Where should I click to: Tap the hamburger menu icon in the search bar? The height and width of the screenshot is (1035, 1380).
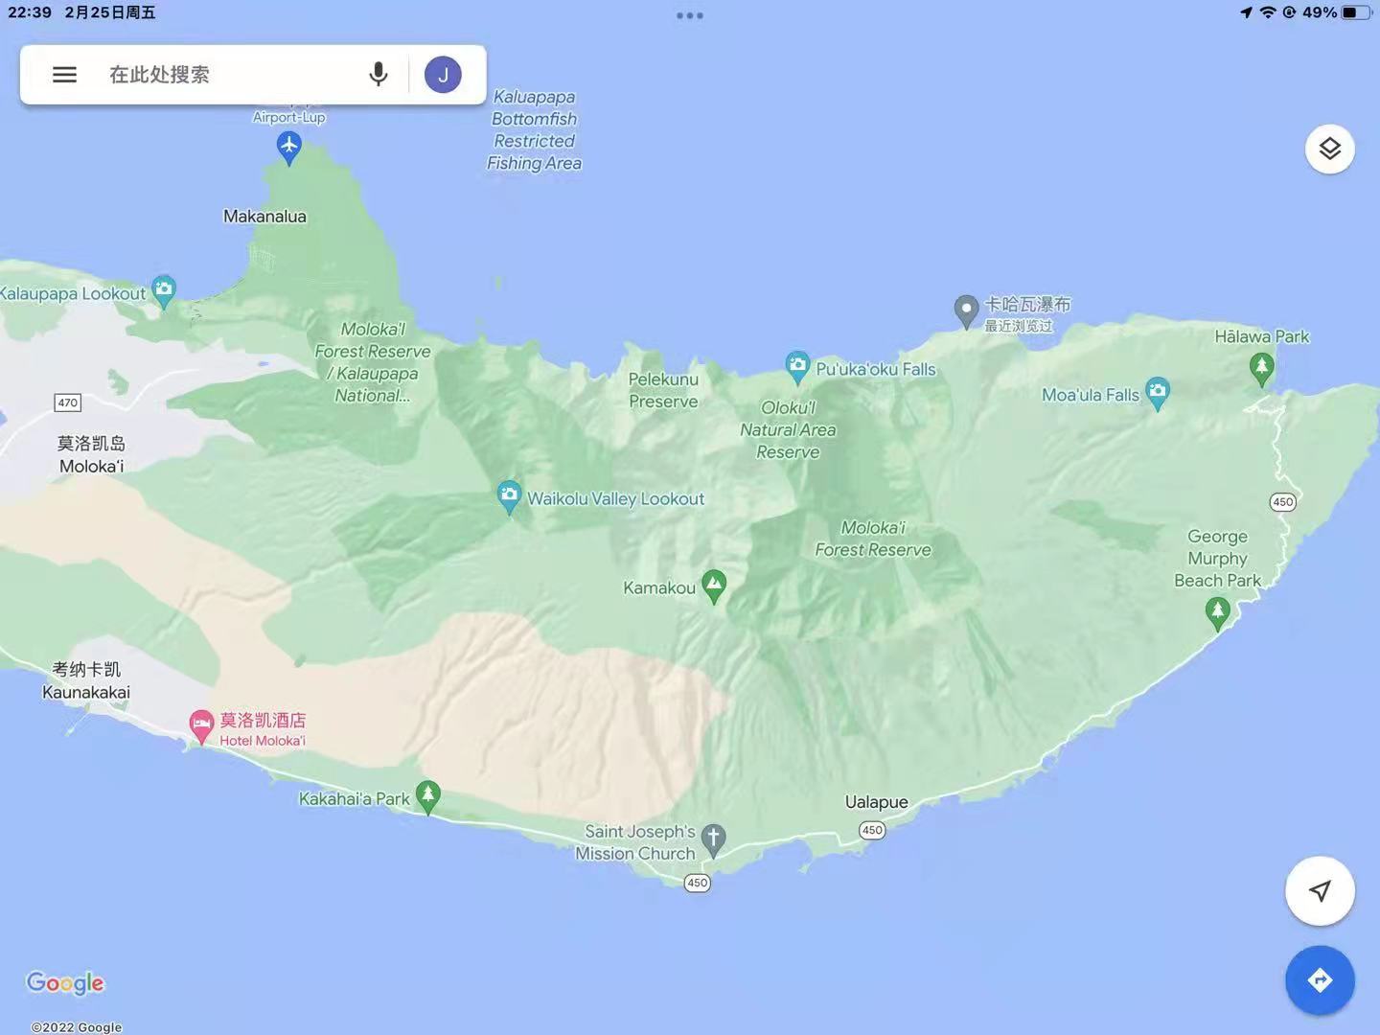point(64,75)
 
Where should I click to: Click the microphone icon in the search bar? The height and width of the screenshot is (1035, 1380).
point(379,75)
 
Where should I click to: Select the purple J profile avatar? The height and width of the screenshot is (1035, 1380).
point(443,75)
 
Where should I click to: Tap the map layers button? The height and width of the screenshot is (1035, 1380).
point(1329,149)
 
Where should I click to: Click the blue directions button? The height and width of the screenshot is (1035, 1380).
point(1320,980)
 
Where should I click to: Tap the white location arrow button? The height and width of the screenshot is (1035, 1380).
point(1320,891)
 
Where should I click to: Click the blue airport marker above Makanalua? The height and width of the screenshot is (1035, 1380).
point(289,148)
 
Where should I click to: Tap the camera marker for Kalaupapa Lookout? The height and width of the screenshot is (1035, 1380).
point(164,289)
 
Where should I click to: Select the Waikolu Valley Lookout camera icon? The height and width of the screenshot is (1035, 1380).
point(509,495)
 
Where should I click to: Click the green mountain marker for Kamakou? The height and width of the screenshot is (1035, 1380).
point(713,585)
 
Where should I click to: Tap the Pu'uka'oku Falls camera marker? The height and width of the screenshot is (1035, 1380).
point(797,365)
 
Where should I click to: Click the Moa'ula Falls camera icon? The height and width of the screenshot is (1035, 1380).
point(1158,391)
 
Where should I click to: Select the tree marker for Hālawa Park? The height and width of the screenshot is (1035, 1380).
point(1261,367)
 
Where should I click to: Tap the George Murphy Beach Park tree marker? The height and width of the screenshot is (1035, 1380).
point(1217,611)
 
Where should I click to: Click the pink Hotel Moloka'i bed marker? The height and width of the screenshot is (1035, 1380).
point(201,724)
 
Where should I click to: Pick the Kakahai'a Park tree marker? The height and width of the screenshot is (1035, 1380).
point(428,794)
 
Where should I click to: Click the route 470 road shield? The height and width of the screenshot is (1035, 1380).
point(67,402)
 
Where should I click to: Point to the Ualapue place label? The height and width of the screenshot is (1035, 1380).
point(876,802)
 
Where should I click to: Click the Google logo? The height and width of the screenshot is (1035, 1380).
point(65,982)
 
